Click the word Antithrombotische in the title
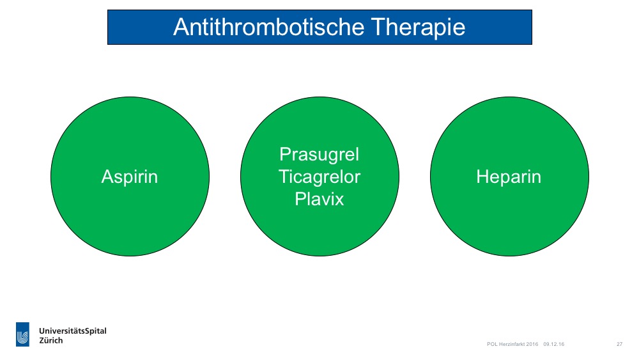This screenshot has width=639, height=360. (x=269, y=27)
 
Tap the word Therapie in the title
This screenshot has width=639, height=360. (x=418, y=27)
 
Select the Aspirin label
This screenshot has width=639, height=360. (x=130, y=177)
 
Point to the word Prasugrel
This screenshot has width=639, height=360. (x=319, y=155)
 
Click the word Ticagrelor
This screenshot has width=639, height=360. (x=319, y=177)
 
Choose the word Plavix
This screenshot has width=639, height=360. (x=319, y=199)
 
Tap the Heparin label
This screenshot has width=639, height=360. (x=509, y=177)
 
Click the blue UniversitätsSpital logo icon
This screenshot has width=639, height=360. (x=22, y=334)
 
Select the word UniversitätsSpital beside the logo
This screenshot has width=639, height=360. (x=73, y=331)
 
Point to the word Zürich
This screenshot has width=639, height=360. (x=51, y=340)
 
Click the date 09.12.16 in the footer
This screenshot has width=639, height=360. (x=554, y=344)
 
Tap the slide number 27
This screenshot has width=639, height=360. (x=619, y=344)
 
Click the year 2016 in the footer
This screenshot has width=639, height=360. (x=533, y=344)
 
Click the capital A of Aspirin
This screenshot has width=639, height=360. (x=107, y=177)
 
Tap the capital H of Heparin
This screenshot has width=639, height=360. (x=482, y=177)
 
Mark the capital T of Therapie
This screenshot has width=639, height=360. (x=378, y=27)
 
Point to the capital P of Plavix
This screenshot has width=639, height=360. (x=300, y=199)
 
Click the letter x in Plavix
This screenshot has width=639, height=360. (x=339, y=201)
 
